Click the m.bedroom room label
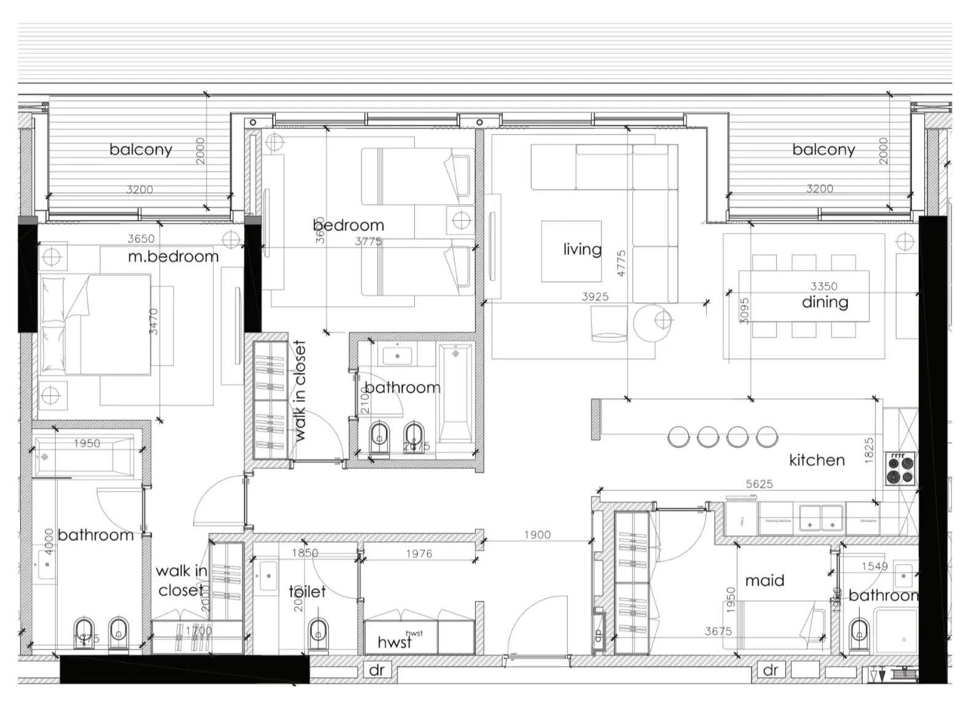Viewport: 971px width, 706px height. tap(173, 256)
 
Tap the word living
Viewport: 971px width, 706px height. tap(582, 249)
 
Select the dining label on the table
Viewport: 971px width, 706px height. tap(825, 302)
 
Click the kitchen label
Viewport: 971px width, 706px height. tap(817, 460)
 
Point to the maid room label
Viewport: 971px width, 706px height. tap(765, 580)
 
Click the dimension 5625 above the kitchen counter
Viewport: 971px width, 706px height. tap(759, 484)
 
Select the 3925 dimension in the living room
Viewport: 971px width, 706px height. tap(595, 297)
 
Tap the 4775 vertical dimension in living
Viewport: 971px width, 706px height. tap(621, 263)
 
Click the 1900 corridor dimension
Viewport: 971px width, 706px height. tap(537, 535)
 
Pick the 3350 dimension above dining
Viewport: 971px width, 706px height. tap(824, 286)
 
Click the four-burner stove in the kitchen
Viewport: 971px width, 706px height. tap(900, 469)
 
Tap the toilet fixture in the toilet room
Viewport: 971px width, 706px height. tap(318, 632)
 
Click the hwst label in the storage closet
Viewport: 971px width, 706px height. tap(394, 642)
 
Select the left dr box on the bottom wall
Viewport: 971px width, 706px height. tap(376, 670)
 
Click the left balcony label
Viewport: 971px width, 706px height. tap(141, 149)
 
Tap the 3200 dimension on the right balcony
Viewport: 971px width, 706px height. tap(819, 189)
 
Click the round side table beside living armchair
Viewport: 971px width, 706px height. tap(653, 321)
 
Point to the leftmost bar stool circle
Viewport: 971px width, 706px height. tap(678, 437)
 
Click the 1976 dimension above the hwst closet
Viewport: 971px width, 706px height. tap(419, 554)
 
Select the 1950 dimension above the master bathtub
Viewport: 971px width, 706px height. tap(87, 443)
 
